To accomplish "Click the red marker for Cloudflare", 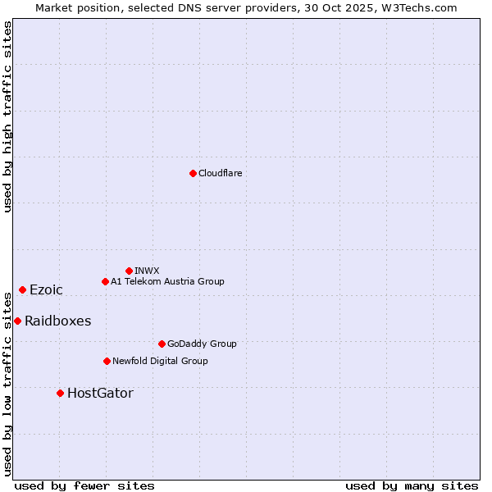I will coord(193,173).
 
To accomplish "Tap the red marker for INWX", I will coord(129,271).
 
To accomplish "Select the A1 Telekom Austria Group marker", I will coord(105,281).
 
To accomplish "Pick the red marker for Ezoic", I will coord(22,289).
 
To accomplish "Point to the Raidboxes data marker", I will coord(17,321).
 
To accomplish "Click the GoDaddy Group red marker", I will coord(162,344).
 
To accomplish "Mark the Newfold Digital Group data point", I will coord(107,361).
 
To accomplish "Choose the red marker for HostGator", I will coord(60,393).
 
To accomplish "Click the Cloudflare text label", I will coord(221,173).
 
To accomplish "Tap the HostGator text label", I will coord(100,393).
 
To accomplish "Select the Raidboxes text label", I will coord(57,321).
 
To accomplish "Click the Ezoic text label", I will coord(46,289).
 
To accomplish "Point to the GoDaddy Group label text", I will coord(202,344).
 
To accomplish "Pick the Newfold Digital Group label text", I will coord(160,361).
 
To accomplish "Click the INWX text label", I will coord(147,271).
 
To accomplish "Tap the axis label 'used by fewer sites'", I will coord(84,485).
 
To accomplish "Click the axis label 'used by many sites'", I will coord(412,485).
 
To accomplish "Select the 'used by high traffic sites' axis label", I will coord(7,116).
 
